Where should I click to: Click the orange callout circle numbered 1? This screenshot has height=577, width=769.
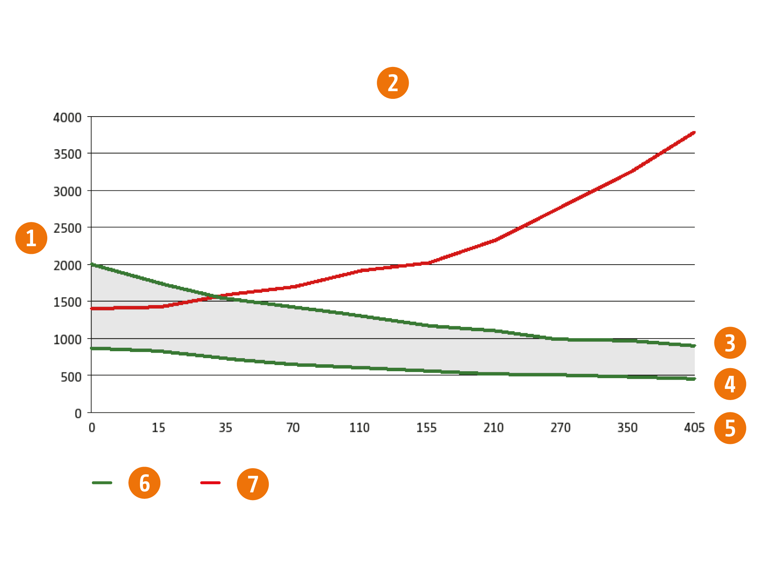point(31,238)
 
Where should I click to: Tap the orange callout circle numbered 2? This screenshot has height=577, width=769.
point(393,83)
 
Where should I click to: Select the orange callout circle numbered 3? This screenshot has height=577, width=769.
point(730,343)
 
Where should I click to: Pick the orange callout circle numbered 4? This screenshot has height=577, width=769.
point(730,384)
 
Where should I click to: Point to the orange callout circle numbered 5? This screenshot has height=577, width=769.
point(730,428)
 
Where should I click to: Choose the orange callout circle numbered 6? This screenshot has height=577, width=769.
point(144,483)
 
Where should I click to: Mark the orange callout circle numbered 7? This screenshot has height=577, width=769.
point(253,484)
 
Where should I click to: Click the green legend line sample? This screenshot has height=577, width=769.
point(102,483)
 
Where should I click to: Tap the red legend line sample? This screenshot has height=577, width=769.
point(210,483)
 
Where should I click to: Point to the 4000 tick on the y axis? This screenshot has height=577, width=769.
point(67,117)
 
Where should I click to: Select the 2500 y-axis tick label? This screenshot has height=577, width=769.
point(67,228)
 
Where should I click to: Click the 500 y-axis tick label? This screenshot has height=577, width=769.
point(71,377)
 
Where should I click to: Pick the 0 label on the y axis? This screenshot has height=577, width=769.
point(78,414)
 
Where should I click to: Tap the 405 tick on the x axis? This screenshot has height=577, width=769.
point(694,428)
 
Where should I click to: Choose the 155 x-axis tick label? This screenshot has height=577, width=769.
point(426,428)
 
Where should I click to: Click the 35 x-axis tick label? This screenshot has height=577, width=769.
point(225,428)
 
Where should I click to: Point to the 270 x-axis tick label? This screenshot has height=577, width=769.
point(560,428)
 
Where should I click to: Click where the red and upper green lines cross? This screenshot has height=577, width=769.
point(216,297)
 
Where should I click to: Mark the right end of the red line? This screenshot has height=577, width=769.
point(694,133)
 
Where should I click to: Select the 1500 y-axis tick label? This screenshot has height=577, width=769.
point(67,302)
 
